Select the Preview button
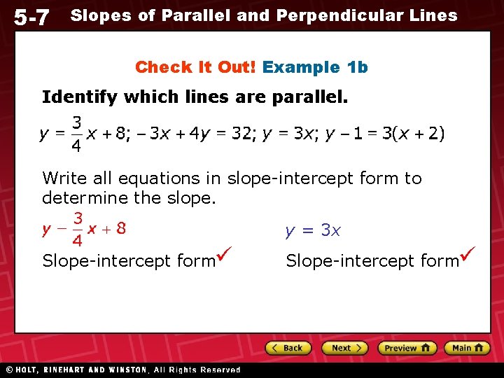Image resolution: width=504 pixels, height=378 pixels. (407, 348)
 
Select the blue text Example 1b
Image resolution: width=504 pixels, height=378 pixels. (315, 67)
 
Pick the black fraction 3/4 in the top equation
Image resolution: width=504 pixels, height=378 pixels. (78, 134)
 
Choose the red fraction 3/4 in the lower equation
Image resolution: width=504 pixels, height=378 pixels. (78, 229)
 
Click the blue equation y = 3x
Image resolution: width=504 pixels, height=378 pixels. (313, 230)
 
